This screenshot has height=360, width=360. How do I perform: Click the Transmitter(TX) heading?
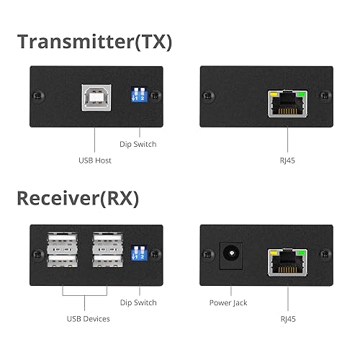[x=95, y=41]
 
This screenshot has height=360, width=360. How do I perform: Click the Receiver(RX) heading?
[x=78, y=198]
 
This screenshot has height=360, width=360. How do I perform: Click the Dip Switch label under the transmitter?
[x=139, y=144]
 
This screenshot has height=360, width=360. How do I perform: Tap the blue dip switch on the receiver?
[x=140, y=252]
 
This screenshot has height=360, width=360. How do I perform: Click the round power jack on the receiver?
[x=230, y=253]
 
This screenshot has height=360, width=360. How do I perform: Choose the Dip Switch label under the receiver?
[x=139, y=303]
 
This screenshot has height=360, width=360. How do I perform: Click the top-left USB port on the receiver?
[x=63, y=239]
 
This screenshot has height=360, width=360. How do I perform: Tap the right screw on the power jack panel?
[x=325, y=253]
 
